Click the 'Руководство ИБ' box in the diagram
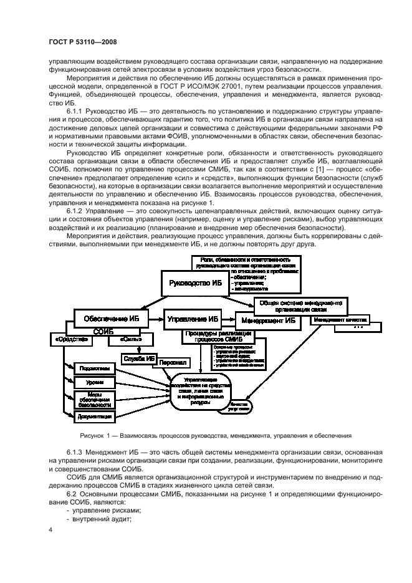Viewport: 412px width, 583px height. coord(195,282)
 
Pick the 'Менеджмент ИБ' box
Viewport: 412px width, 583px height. coord(272,320)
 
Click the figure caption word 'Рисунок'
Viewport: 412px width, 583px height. coord(93,435)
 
